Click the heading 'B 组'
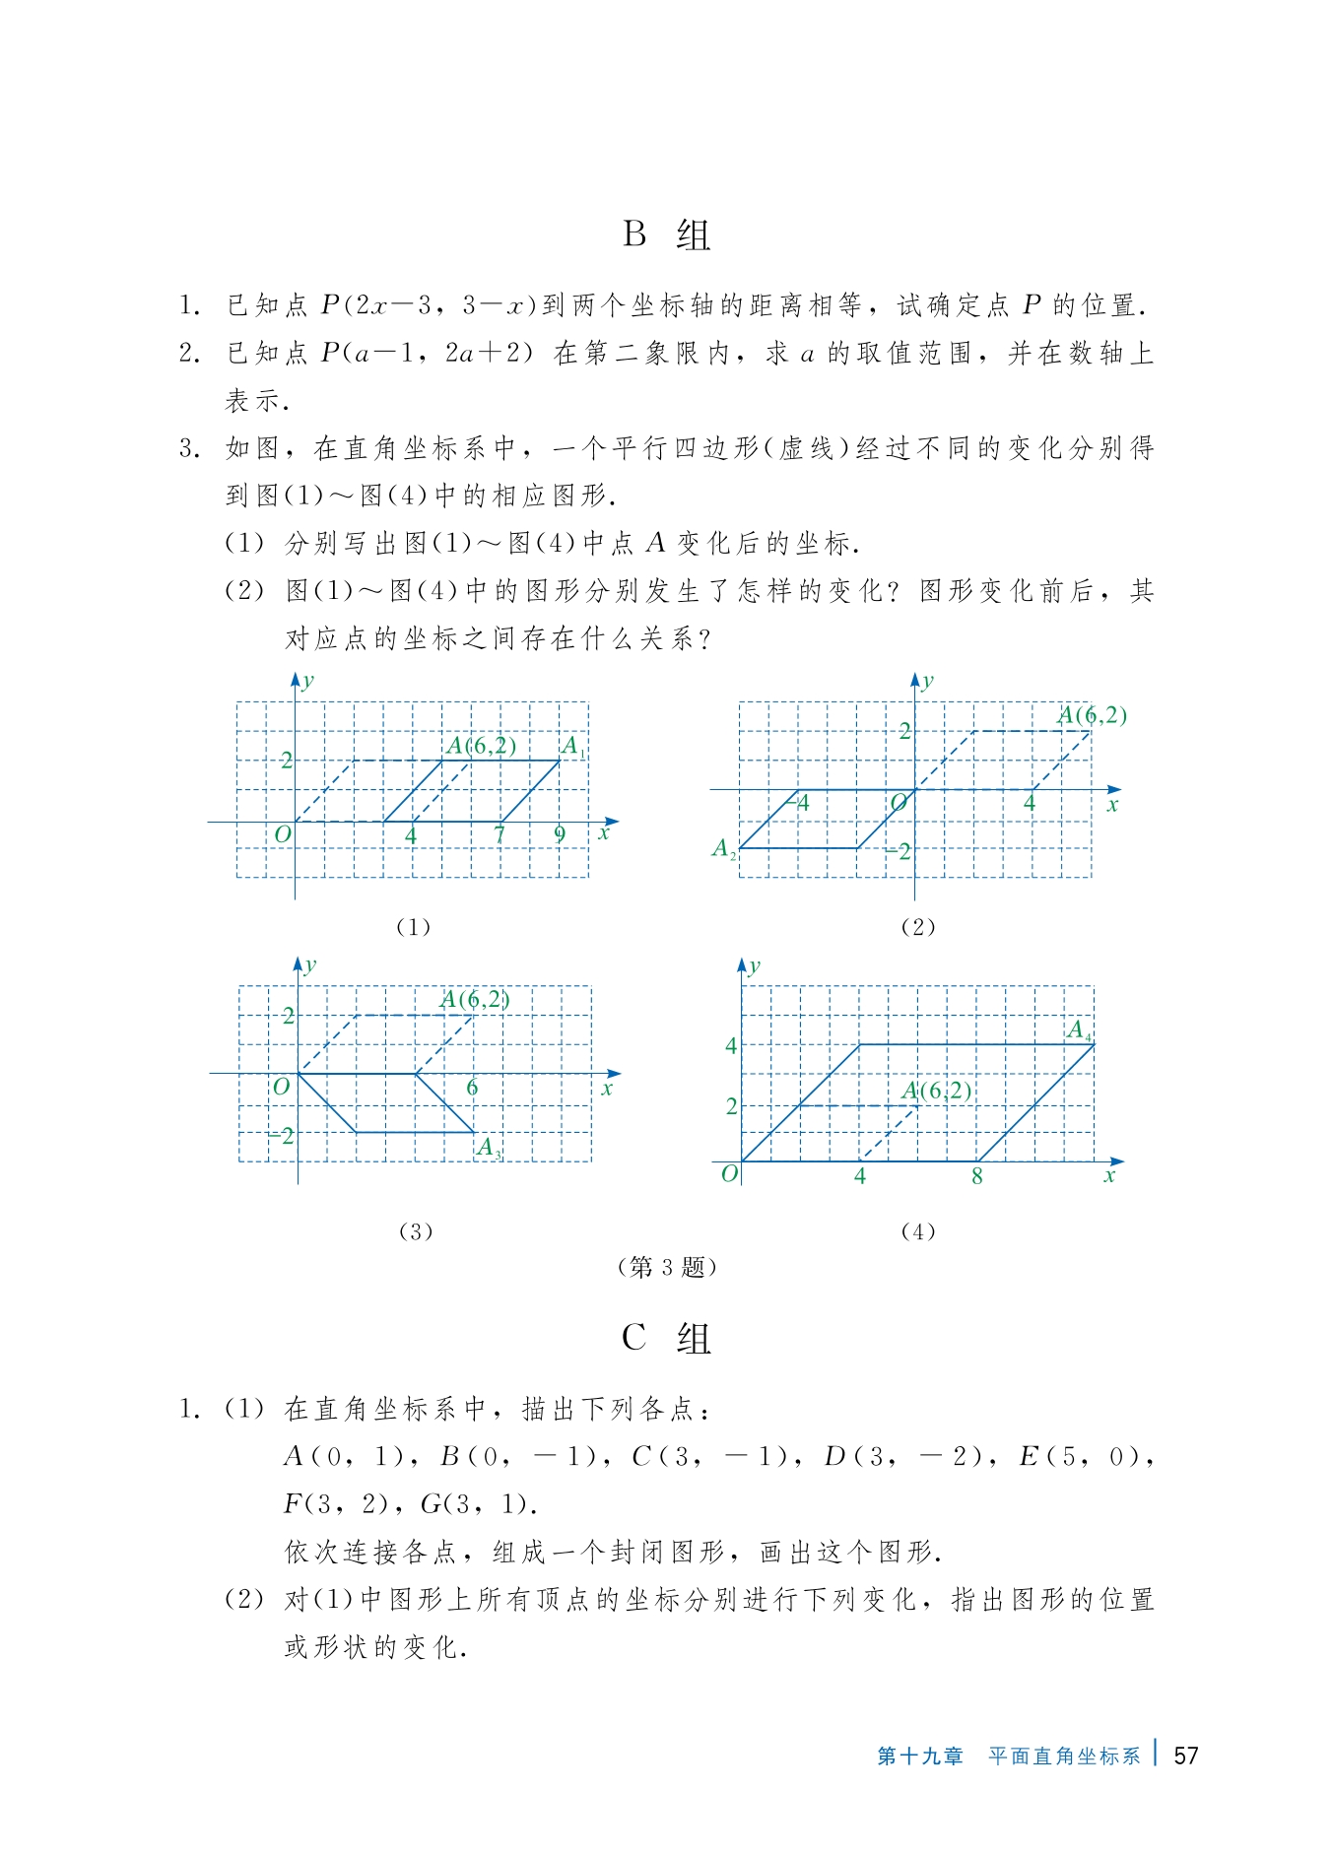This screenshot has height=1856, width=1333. pyautogui.click(x=666, y=234)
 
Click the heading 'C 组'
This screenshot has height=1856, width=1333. pyautogui.click(x=666, y=1338)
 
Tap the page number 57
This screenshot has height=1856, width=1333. pyautogui.click(x=1186, y=1756)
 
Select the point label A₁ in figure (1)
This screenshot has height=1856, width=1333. pyautogui.click(x=572, y=747)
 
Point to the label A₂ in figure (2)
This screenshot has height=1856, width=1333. pyautogui.click(x=724, y=848)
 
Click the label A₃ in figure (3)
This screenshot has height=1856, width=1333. pyautogui.click(x=489, y=1148)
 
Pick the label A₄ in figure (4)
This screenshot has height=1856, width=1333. pyautogui.click(x=1080, y=1030)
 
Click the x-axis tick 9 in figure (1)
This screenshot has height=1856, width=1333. pyautogui.click(x=560, y=834)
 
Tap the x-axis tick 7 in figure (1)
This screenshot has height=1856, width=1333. pyautogui.click(x=500, y=834)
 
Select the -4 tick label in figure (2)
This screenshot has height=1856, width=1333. pyautogui.click(x=801, y=803)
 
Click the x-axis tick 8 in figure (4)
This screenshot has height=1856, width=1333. pyautogui.click(x=976, y=1176)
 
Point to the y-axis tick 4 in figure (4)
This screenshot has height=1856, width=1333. pyautogui.click(x=731, y=1045)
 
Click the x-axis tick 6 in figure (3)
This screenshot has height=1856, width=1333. pyautogui.click(x=472, y=1088)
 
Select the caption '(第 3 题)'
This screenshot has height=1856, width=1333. pyautogui.click(x=666, y=1267)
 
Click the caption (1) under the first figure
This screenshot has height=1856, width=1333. pyautogui.click(x=413, y=927)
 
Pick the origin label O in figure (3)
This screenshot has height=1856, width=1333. pyautogui.click(x=282, y=1087)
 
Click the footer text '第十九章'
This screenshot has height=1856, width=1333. pyautogui.click(x=920, y=1757)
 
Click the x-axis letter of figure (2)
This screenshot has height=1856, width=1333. pyautogui.click(x=1113, y=805)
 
